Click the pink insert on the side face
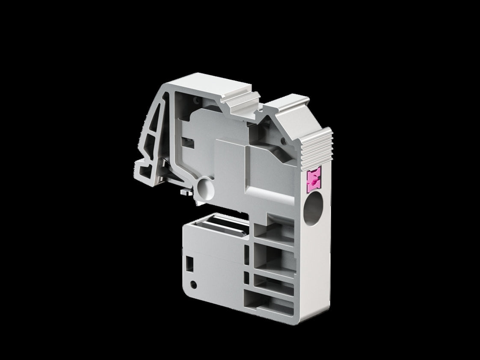pyautogui.click(x=314, y=181)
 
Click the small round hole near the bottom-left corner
pyautogui.click(x=193, y=284)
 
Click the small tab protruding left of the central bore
pyautogui.click(x=185, y=193)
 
